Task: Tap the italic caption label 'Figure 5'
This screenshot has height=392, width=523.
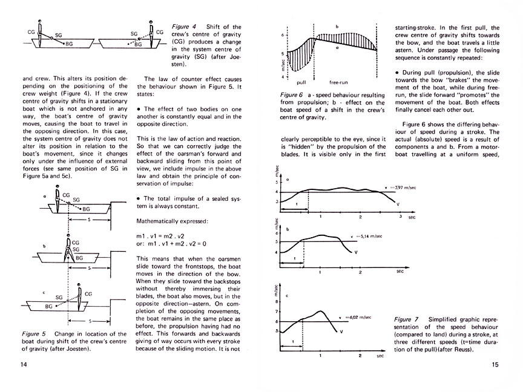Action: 34,333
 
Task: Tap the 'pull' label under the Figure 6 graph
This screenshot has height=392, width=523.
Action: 301,82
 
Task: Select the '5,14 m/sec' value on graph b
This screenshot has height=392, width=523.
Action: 365,237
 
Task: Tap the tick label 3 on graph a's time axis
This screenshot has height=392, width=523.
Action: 400,216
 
